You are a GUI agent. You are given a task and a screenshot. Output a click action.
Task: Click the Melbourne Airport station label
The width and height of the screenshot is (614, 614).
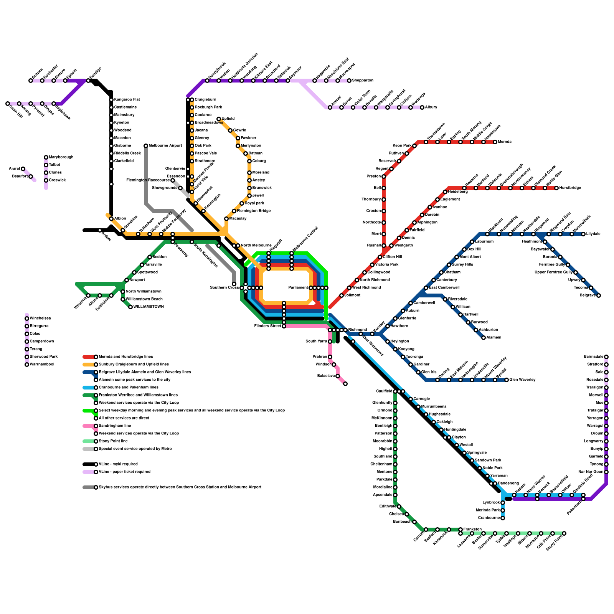165,146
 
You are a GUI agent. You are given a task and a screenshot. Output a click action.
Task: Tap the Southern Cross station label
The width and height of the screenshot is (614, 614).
224,288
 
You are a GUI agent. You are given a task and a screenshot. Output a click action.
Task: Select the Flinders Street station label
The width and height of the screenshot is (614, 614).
267,326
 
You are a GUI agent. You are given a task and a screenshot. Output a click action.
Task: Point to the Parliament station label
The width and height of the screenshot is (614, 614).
298,288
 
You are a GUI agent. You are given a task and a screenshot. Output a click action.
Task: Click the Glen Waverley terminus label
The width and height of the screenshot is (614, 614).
522,380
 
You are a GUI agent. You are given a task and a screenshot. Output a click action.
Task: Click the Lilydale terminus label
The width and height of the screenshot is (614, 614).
593,234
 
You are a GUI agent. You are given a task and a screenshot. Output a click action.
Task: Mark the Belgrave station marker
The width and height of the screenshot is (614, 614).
599,295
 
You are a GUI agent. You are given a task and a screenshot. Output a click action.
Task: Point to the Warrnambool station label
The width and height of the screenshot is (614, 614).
42,365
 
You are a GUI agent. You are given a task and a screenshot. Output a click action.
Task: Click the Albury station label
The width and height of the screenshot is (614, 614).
431,107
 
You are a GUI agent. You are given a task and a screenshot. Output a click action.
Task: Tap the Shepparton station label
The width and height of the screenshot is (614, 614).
363,81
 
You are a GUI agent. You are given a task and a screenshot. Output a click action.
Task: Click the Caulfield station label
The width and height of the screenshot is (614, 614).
384,391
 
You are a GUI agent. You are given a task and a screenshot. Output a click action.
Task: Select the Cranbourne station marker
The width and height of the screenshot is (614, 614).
503,518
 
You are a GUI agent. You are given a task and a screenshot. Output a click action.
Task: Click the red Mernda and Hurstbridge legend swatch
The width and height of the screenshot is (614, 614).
89,357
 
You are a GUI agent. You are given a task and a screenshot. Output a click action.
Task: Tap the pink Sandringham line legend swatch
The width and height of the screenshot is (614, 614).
89,426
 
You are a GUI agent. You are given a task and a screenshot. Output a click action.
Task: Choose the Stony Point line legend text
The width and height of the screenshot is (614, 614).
113,441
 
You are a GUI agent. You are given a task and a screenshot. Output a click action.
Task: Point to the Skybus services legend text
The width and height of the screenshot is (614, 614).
180,487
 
